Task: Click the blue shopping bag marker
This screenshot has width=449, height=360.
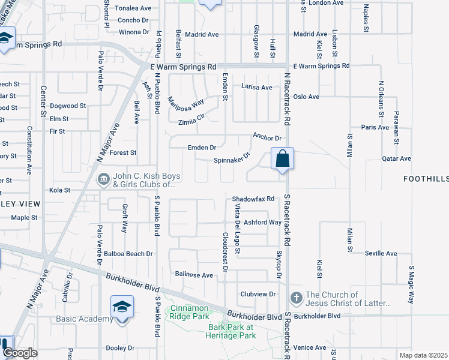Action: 283,160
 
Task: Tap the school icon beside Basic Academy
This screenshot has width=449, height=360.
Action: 122,308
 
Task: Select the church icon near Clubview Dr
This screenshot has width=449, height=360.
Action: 296,298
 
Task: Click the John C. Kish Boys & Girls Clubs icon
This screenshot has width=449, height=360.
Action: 103,179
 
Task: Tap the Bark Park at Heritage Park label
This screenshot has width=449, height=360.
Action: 231,331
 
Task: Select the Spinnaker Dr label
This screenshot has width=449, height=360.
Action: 232,160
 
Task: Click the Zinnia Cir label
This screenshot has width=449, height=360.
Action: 191,122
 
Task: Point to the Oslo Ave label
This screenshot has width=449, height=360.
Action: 306,97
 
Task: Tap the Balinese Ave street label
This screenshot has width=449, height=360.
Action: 194,275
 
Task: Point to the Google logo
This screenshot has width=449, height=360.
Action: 20,353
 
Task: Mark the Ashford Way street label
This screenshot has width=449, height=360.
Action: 262,222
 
